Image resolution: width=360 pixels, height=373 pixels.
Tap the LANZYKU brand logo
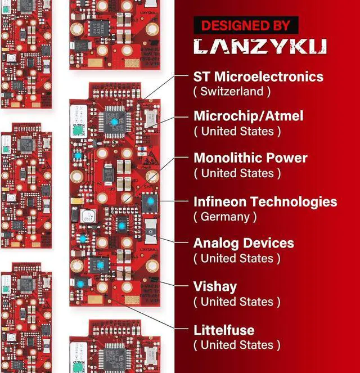[x=259, y=47]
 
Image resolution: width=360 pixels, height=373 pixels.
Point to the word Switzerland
[x=232, y=91]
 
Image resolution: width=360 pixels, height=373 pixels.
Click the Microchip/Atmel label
[x=248, y=116]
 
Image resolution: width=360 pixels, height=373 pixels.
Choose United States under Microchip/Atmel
[x=237, y=131]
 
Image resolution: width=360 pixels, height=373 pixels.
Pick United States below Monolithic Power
[x=237, y=173]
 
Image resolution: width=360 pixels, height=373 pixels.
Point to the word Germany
[x=225, y=216]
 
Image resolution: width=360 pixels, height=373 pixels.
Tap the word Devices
[x=268, y=243]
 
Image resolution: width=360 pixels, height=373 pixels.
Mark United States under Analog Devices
[x=237, y=258]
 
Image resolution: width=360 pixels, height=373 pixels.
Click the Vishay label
[x=215, y=286]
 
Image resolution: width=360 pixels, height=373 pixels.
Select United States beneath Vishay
[x=237, y=302]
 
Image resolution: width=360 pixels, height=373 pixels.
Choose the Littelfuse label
[x=224, y=330]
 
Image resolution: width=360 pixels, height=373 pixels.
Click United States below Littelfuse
[x=237, y=345]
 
